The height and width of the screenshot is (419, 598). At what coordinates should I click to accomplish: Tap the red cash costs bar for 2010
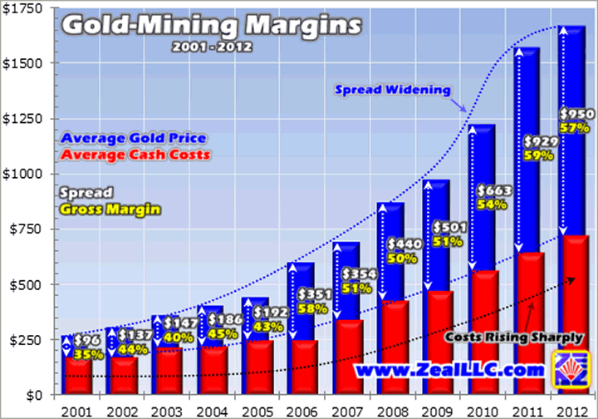coord(482,333)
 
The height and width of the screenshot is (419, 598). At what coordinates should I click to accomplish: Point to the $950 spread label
coord(576,114)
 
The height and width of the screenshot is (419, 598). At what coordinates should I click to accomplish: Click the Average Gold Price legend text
coord(133,137)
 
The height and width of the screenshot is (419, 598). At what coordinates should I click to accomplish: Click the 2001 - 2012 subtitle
coord(213,46)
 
